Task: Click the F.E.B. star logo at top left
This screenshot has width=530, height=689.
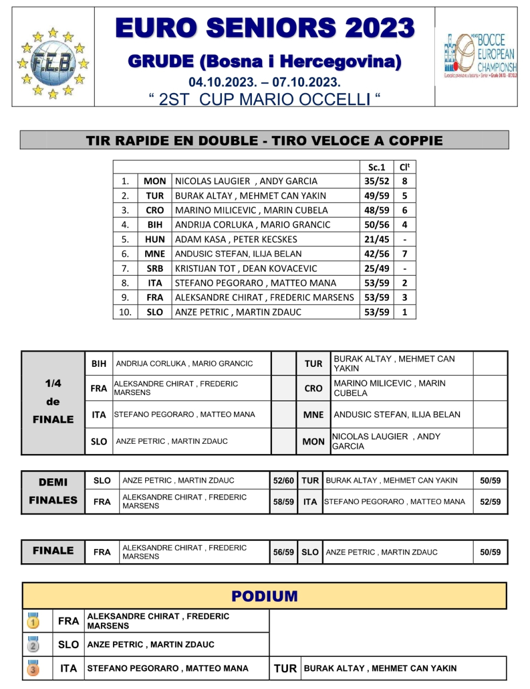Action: point(52,61)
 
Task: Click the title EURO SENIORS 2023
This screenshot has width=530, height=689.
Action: point(264,28)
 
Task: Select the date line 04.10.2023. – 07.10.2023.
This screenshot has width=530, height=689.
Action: point(264,82)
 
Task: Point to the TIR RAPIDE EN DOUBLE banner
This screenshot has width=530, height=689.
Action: point(264,140)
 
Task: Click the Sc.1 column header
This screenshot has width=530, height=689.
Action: point(376,167)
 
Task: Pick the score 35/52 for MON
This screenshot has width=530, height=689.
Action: point(376,181)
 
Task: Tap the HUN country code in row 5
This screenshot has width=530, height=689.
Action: point(155,239)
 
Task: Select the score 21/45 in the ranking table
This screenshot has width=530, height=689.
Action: point(376,239)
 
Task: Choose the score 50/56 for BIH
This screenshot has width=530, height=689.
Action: point(376,225)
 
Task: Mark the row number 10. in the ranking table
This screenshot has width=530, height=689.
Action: point(126,312)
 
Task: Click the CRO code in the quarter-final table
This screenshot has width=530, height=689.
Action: point(313,389)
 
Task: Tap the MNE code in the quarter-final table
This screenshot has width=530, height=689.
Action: point(313,415)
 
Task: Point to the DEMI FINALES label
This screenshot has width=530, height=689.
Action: point(53,491)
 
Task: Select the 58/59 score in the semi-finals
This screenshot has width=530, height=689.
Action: point(283,502)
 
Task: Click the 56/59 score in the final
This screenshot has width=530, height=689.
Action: point(283,552)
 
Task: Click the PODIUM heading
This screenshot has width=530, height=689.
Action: point(264,596)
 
